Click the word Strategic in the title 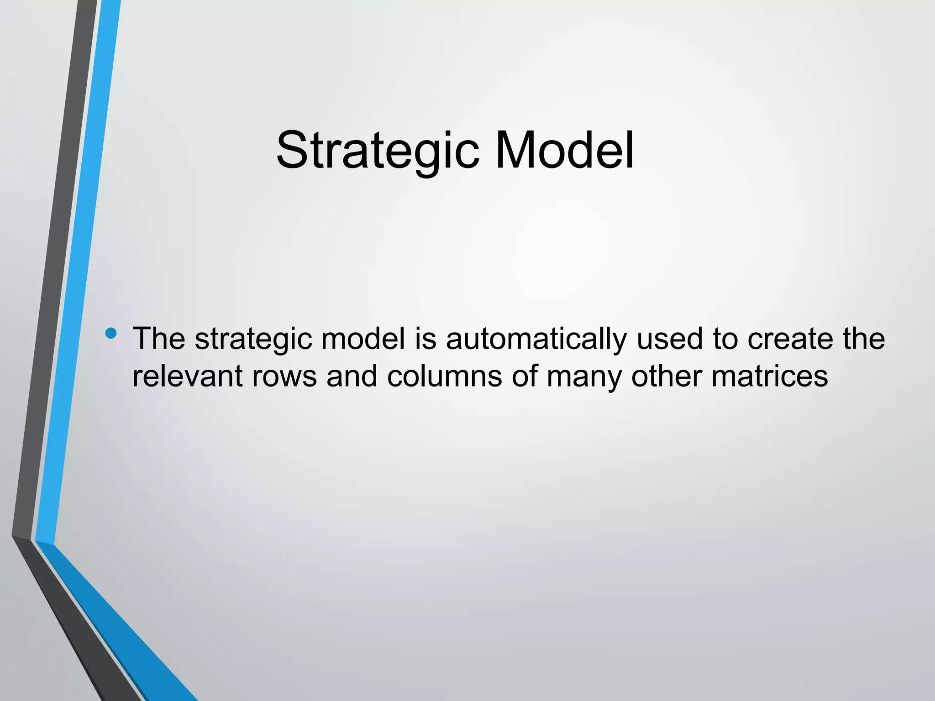pyautogui.click(x=378, y=151)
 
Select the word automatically pyautogui.click(x=536, y=340)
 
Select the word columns pyautogui.click(x=445, y=377)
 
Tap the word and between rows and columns pyautogui.click(x=352, y=377)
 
